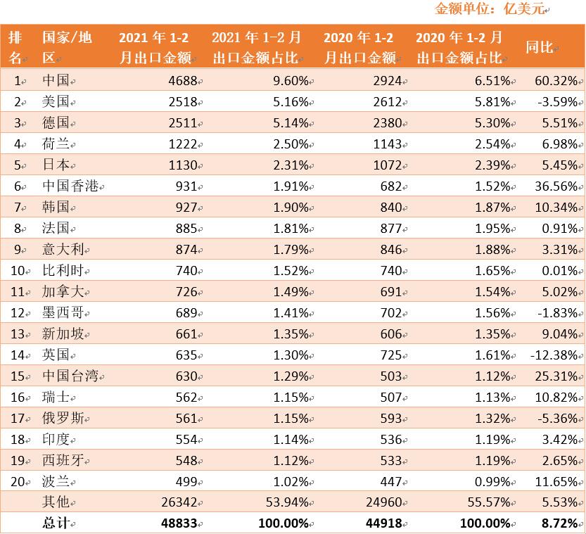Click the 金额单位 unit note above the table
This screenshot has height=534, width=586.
(490, 8)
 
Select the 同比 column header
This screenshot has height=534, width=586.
(540, 47)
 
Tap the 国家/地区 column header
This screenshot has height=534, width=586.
(67, 47)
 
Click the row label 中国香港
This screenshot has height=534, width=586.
(71, 186)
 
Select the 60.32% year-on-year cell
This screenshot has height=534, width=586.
(556, 81)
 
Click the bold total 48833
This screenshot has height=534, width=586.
(179, 523)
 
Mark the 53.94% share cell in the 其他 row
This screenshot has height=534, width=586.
(286, 502)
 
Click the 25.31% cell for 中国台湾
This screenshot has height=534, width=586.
(556, 376)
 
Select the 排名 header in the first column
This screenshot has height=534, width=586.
(15, 47)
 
